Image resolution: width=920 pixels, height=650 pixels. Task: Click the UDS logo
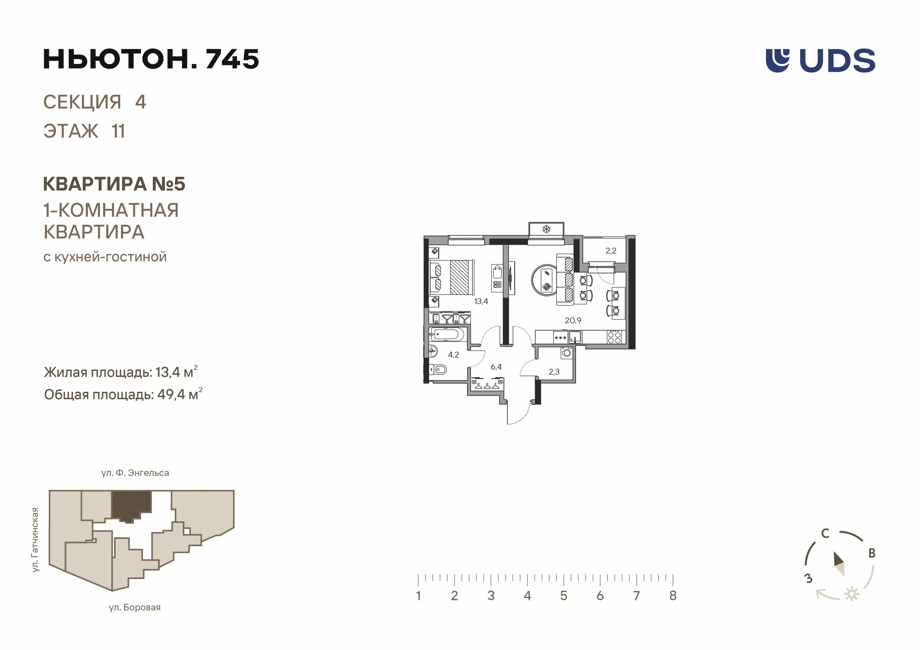pos(820,61)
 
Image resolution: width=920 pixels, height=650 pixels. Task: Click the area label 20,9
pos(573,320)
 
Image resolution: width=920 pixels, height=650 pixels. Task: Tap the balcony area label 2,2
pos(611,251)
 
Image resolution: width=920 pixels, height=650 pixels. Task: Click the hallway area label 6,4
pos(496,367)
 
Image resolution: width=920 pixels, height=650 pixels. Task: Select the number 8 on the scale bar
pos(673,595)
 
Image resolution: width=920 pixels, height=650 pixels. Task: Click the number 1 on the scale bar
pos(418,595)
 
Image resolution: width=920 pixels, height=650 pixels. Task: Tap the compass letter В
pos(871,554)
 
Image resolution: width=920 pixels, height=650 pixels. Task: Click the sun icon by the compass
pos(852,594)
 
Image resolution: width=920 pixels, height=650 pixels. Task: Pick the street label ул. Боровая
pos(135,608)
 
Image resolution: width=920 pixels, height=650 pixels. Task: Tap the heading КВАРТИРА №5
pos(114,184)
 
